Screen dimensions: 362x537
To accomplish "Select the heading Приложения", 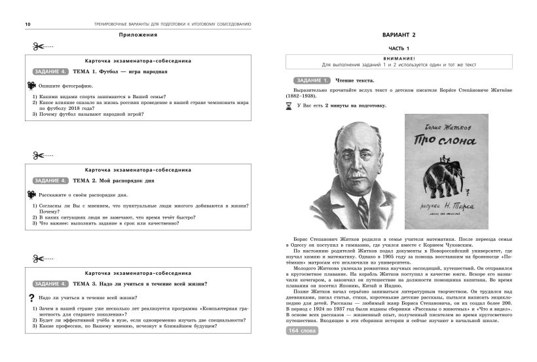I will click(x=138, y=35).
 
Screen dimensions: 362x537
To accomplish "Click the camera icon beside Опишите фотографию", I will click(x=30, y=86).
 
